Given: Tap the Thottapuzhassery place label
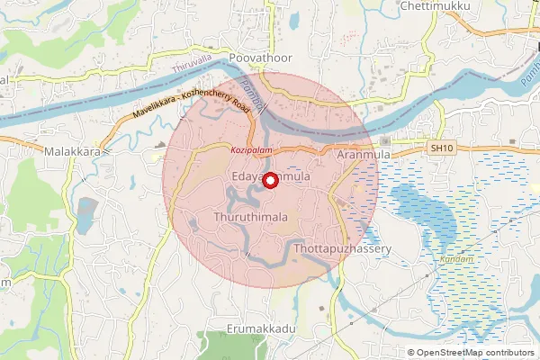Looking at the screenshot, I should (x=341, y=247).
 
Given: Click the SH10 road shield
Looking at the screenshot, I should (x=439, y=147).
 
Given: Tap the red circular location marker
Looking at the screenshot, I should (x=268, y=179).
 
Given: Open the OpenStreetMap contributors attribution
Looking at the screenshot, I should (x=476, y=352).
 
